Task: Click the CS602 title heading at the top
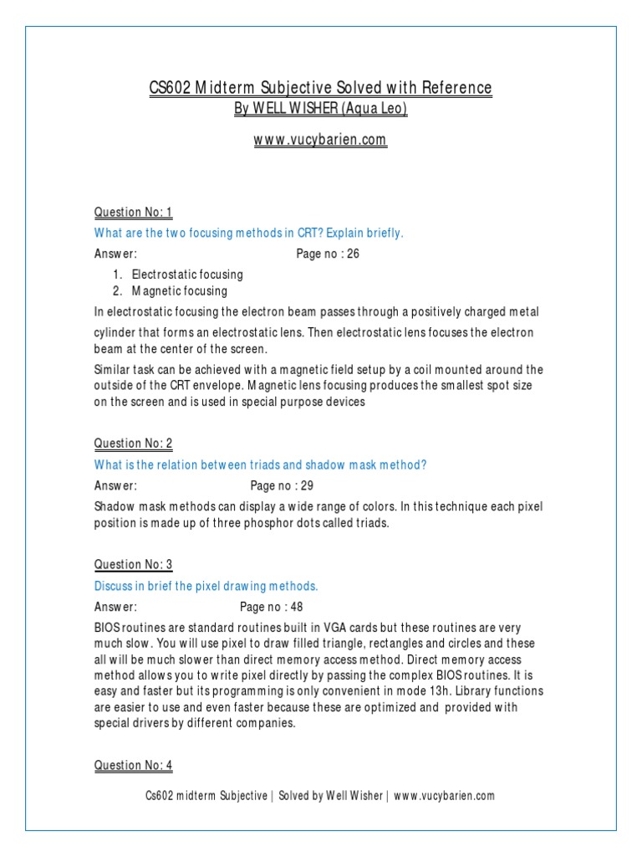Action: (320, 88)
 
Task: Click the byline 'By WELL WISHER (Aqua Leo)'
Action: (320, 110)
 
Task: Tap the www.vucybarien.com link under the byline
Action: (320, 141)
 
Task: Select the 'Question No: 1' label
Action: (133, 212)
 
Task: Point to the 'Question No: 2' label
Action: (133, 443)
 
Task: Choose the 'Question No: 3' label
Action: (133, 564)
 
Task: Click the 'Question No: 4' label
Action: (133, 765)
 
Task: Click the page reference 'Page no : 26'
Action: (328, 254)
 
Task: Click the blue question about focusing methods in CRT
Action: (248, 233)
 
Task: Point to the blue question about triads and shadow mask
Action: (260, 464)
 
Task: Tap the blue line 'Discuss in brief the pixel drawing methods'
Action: (206, 585)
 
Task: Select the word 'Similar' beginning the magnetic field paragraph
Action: (112, 369)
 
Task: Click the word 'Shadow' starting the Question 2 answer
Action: (114, 506)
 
